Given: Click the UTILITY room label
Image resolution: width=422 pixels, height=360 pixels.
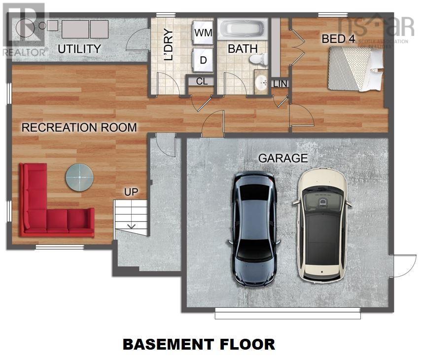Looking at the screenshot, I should tap(79, 49).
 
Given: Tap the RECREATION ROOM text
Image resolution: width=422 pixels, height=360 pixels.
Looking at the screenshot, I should tap(79, 127).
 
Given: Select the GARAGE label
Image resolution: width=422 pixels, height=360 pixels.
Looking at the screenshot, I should tap(283, 158).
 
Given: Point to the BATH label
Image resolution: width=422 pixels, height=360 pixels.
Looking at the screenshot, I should tap(243, 49).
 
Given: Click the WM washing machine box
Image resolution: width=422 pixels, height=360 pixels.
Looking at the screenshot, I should tap(203, 33).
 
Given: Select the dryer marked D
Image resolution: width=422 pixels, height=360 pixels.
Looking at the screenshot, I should tap(203, 59).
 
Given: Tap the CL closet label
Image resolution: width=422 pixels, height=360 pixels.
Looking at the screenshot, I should tap(202, 81).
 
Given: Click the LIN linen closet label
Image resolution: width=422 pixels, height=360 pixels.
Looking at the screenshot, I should tap(279, 84).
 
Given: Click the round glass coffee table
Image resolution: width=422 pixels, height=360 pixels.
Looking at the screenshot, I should tap(79, 178).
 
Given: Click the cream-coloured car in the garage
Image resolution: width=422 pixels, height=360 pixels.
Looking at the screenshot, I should tap(321, 224).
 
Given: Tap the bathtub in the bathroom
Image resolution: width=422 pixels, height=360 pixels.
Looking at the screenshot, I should tap(243, 29).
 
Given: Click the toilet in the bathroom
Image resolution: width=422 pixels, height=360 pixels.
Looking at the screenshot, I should tap(258, 59).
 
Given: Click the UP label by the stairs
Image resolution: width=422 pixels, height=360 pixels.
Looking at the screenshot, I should tap(131, 191).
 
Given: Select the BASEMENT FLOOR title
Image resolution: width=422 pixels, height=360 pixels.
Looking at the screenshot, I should tap(199, 344).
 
